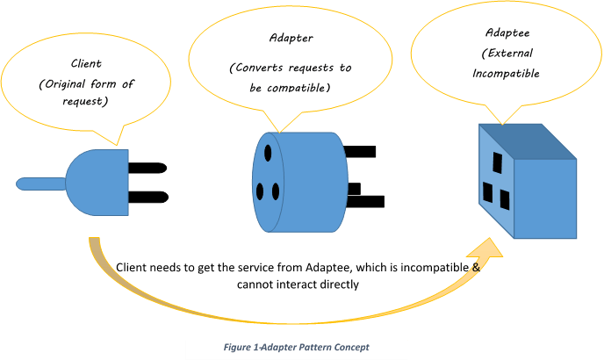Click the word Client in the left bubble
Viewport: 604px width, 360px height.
pos(87,63)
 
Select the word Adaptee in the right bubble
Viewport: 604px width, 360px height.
pos(503,32)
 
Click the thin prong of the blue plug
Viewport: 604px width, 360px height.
pos(40,184)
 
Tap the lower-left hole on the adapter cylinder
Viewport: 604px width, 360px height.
pos(260,191)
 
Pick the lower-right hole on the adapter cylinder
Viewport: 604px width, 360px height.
pos(275,191)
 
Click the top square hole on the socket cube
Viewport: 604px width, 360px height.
pos(496,162)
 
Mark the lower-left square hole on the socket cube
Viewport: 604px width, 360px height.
pos(487,191)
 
